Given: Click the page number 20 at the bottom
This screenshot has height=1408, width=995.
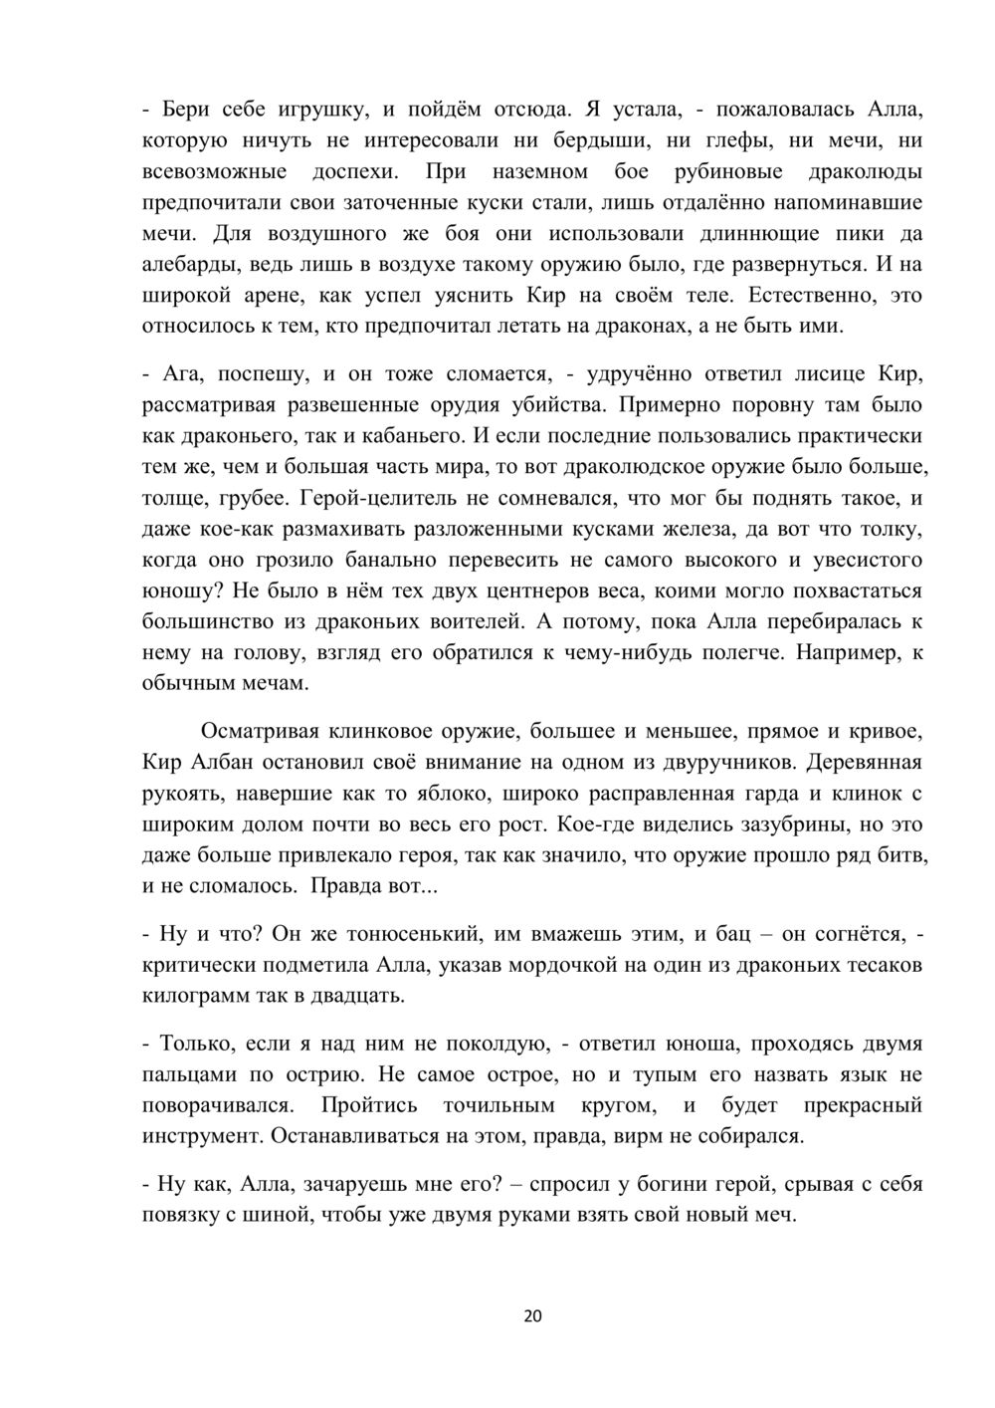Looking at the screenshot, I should point(532,1316).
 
